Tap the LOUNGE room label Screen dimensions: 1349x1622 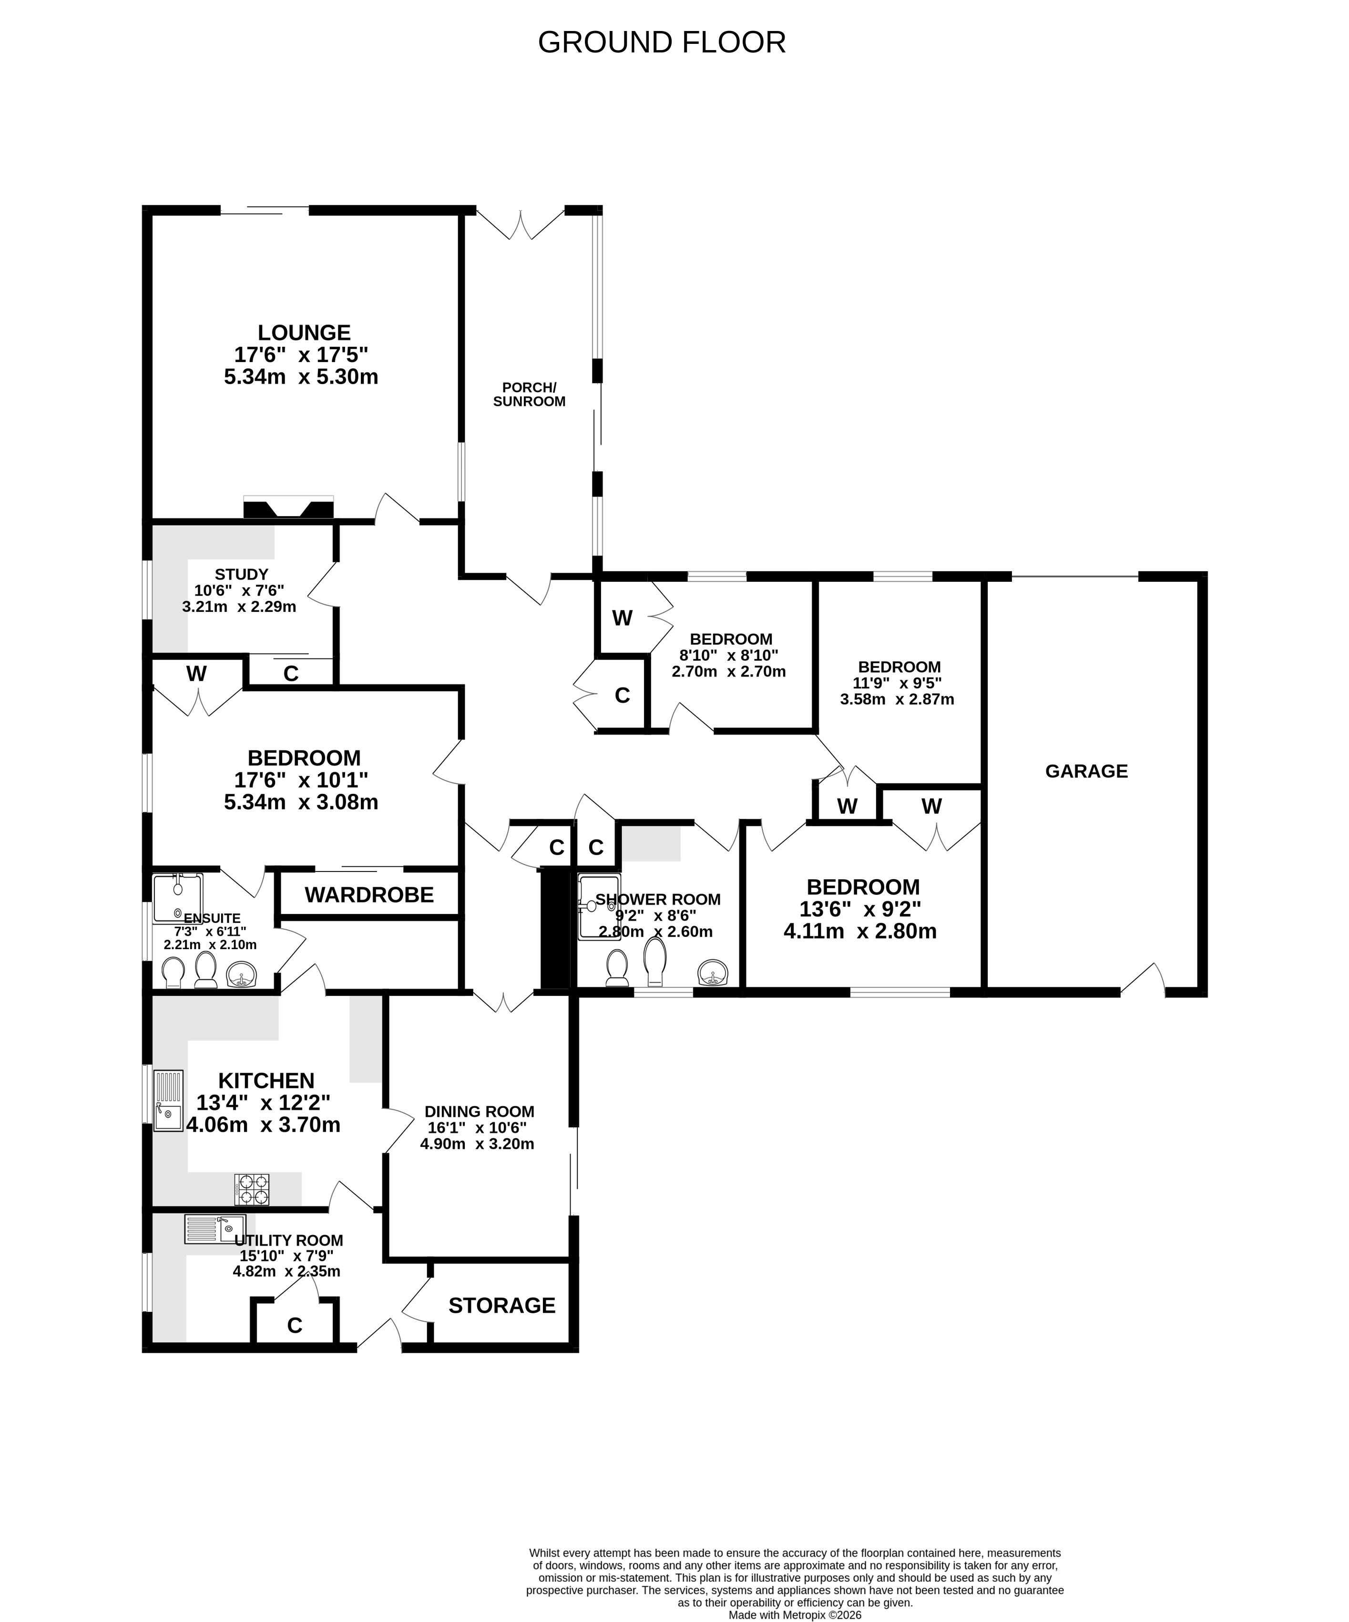point(304,333)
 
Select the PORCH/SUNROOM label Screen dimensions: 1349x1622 point(529,395)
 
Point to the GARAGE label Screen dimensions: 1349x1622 point(1086,771)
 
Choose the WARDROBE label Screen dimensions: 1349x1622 point(369,894)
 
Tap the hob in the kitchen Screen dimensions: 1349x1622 point(252,1189)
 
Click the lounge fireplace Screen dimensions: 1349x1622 point(288,507)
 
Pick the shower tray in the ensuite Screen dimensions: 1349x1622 point(178,898)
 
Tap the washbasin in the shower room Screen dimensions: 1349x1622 point(712,973)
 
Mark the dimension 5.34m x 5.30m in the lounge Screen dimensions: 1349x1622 point(301,377)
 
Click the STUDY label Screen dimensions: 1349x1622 point(241,575)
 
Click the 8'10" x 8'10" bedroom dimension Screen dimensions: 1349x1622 point(728,656)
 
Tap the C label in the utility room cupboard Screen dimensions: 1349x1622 point(295,1326)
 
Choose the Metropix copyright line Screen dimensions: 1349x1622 point(795,1615)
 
